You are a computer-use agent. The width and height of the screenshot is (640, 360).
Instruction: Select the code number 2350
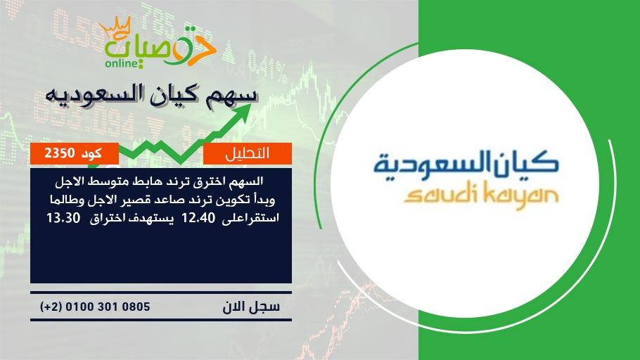tap(60, 153)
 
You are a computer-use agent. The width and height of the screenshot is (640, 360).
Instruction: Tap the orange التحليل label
tap(248, 153)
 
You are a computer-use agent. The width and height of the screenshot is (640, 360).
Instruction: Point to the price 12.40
tap(198, 219)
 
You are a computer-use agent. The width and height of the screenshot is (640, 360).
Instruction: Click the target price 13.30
tap(63, 219)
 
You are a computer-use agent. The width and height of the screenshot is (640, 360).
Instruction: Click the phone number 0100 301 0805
tap(108, 307)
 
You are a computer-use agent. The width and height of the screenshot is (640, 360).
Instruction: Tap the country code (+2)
tap(51, 307)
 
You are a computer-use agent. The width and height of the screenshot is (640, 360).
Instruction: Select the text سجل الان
tap(251, 307)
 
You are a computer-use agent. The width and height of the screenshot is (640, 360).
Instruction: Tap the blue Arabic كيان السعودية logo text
tap(466, 163)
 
